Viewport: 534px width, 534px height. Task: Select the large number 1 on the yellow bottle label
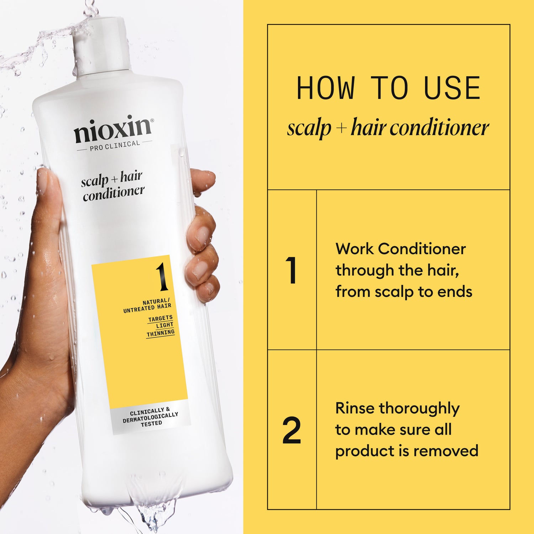162,277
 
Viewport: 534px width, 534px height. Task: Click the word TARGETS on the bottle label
160,318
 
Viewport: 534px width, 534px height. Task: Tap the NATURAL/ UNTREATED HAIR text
148,306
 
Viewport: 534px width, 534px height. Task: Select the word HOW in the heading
325,88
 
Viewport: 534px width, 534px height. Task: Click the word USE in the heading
452,88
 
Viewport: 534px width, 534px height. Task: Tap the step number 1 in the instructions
291,271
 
